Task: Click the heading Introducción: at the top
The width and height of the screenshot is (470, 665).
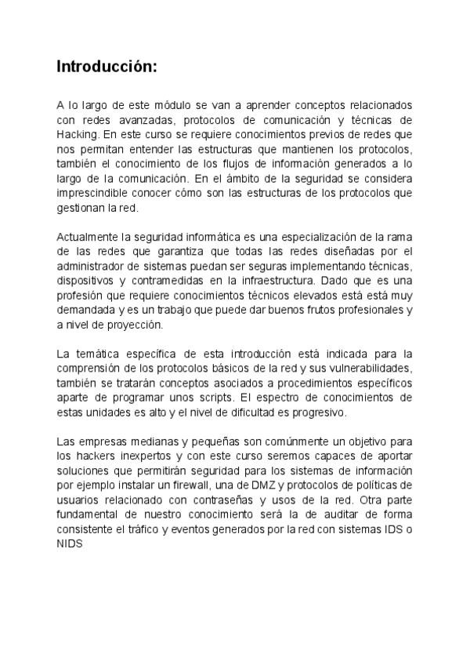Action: (x=107, y=67)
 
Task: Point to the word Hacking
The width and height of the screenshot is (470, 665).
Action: (x=75, y=134)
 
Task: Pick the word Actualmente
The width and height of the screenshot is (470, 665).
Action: (x=86, y=238)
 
